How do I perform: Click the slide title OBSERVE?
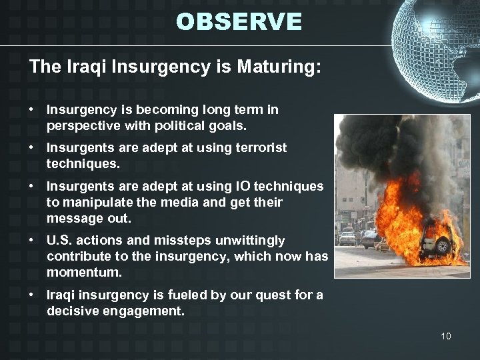(x=239, y=22)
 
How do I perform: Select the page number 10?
(x=445, y=336)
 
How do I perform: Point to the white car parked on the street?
(x=347, y=238)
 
